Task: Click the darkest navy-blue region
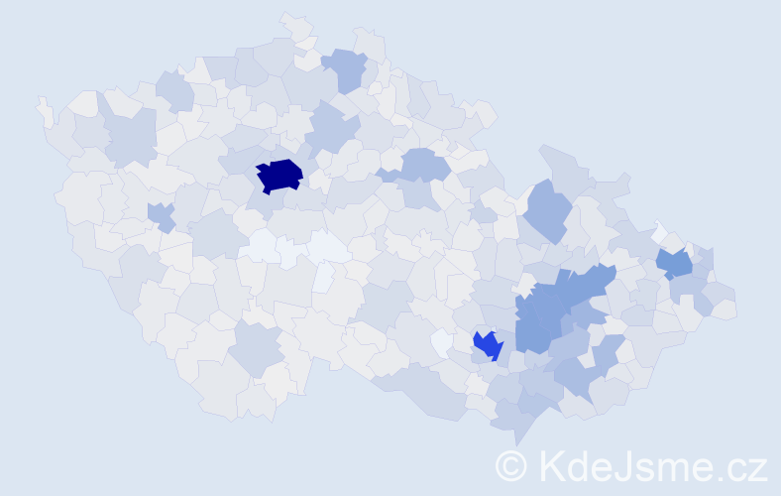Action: [x=279, y=175]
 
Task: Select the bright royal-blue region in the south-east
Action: [x=487, y=345]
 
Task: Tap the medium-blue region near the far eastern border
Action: [x=675, y=263]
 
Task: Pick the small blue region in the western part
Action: [x=160, y=214]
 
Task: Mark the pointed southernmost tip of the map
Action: [x=515, y=440]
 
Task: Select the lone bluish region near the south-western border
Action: [x=255, y=347]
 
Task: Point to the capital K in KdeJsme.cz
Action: [x=549, y=465]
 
